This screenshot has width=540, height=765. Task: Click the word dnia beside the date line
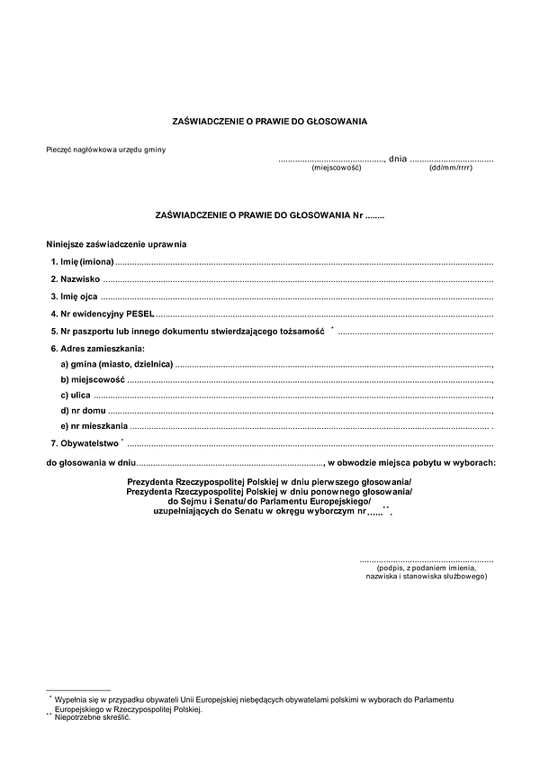point(397,159)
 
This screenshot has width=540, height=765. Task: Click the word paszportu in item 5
point(98,332)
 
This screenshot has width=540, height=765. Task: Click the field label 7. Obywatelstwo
point(85,443)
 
